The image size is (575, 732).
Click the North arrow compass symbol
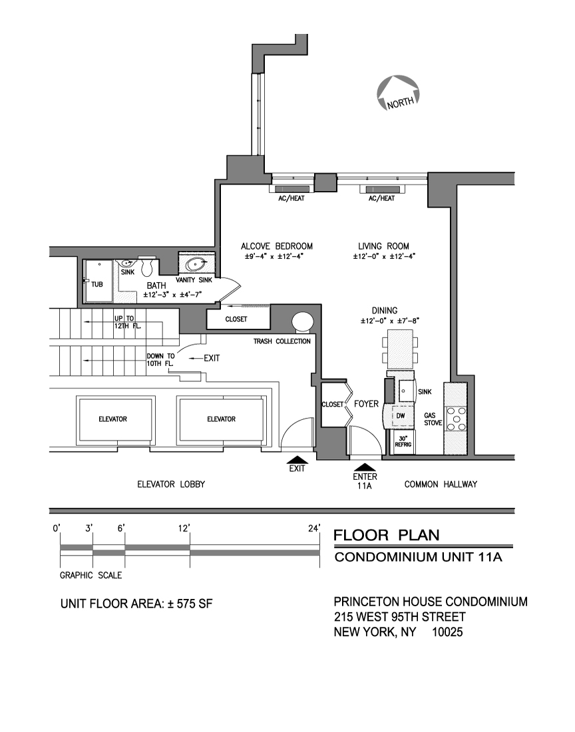(398, 92)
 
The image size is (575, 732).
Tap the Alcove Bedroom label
(276, 246)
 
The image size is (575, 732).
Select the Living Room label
(383, 246)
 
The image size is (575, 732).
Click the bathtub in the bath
(98, 283)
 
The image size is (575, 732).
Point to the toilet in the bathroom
(147, 266)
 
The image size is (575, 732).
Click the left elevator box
(112, 419)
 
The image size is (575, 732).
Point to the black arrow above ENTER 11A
(364, 467)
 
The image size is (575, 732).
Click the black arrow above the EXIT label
(297, 459)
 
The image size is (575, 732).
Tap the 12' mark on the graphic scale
(190, 529)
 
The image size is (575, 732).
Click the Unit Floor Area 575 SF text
(136, 605)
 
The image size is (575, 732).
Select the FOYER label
(366, 404)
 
